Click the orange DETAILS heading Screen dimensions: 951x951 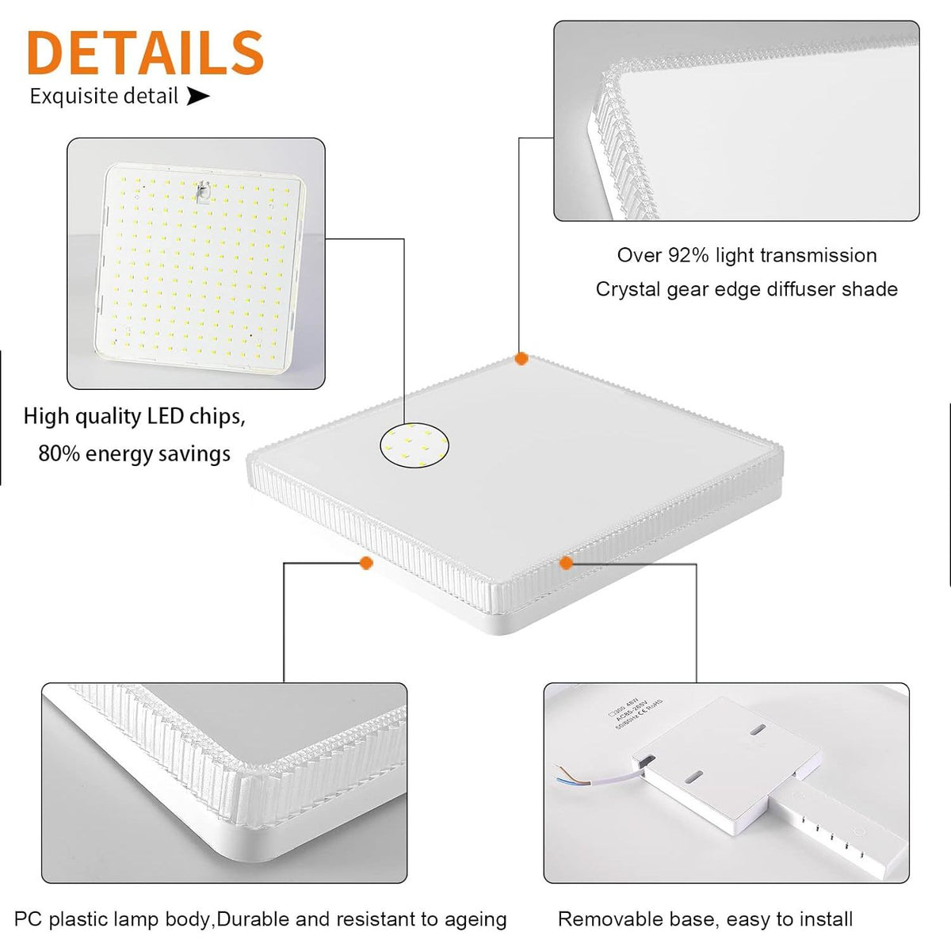[145, 52]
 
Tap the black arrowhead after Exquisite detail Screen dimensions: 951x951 [197, 97]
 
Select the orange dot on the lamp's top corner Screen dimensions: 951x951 [521, 359]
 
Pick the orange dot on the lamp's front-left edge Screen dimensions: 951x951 [366, 563]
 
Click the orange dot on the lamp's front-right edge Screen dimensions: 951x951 [566, 563]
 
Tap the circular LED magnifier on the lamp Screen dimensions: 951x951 [414, 445]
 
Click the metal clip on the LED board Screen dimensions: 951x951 [202, 192]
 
